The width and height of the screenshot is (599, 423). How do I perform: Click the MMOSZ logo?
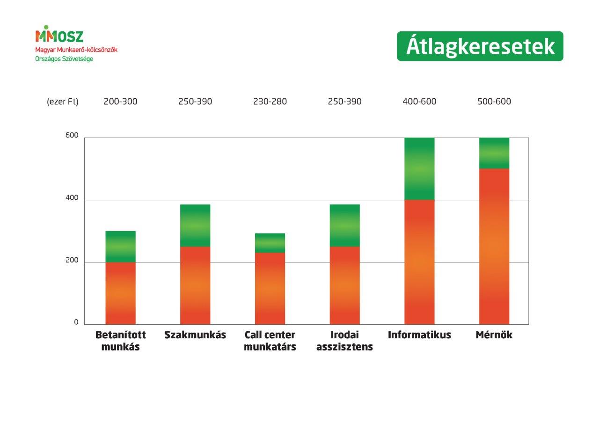[x=59, y=35]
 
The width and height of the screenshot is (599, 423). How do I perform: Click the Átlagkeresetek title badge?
[x=480, y=46]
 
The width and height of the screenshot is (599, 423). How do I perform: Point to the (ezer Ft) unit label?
[x=63, y=102]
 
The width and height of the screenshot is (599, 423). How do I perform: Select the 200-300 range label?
[x=120, y=102]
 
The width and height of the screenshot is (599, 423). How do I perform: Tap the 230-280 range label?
[x=270, y=102]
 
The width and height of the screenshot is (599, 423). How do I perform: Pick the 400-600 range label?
[x=419, y=102]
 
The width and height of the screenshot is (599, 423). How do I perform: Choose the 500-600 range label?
[x=494, y=102]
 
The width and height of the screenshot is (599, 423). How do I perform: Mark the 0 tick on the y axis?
[x=76, y=322]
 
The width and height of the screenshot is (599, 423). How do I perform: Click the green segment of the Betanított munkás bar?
[x=120, y=247]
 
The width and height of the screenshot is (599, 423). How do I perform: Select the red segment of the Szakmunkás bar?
[x=195, y=285]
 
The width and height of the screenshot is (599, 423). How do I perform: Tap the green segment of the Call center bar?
[x=270, y=243]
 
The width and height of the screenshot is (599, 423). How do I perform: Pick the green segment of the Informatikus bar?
[x=419, y=169]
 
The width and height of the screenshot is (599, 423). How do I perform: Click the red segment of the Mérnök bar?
[x=494, y=247]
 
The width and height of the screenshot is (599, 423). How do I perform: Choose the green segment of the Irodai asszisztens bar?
[x=345, y=226]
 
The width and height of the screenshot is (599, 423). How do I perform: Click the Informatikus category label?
[x=419, y=335]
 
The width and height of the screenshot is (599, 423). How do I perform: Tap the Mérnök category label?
[x=494, y=335]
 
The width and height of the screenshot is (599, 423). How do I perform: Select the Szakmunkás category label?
[x=195, y=335]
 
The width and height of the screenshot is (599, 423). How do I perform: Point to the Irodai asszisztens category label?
[x=345, y=341]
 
